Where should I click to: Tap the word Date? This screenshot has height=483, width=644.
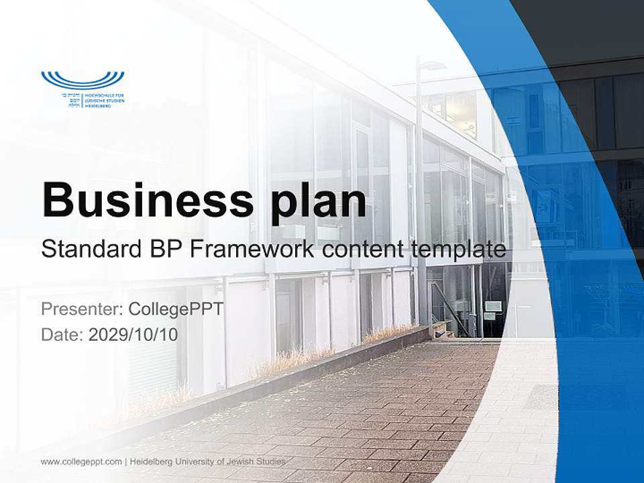(x=61, y=334)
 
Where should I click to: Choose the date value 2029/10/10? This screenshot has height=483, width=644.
(x=133, y=334)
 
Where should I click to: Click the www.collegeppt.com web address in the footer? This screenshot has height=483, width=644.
(x=81, y=462)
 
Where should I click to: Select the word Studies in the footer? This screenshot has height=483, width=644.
(x=272, y=462)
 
